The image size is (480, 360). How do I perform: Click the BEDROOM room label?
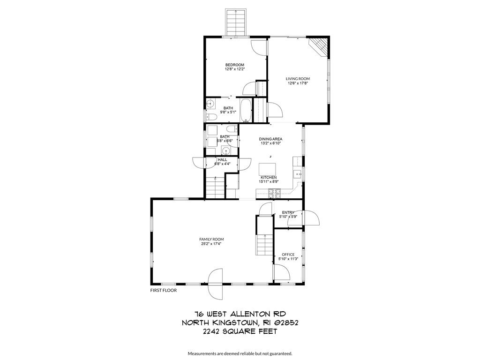coord(234,65)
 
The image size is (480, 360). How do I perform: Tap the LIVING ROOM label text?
coord(298,79)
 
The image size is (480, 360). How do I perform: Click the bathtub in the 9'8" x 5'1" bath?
coord(245,110)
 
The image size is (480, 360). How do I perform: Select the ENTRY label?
coord(288,212)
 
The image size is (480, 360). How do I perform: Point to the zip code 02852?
coord(283,322)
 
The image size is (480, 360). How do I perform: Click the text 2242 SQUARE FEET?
coord(240,331)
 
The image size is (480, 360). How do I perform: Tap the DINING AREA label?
coord(270,139)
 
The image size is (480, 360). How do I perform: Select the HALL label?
coord(222,159)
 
